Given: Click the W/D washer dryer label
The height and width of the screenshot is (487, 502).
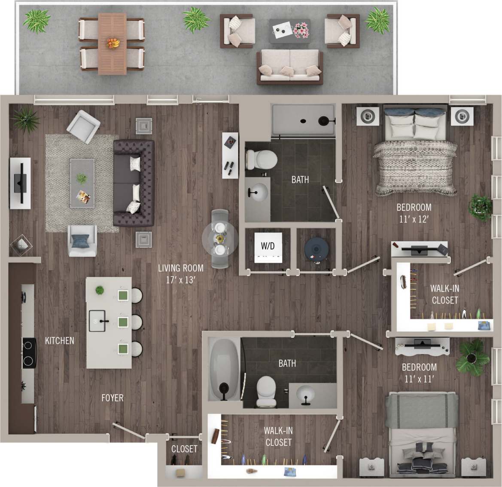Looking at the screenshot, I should [x=268, y=246].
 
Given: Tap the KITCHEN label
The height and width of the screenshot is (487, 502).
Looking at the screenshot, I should [x=60, y=341].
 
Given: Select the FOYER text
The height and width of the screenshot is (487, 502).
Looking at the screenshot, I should [x=113, y=398].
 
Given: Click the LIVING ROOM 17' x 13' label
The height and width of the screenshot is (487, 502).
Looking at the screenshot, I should [x=180, y=274].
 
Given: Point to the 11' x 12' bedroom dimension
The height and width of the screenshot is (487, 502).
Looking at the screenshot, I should [x=414, y=219].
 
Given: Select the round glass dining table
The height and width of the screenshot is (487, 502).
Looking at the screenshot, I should [x=220, y=239].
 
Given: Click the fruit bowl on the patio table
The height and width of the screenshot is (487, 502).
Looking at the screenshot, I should [x=113, y=43].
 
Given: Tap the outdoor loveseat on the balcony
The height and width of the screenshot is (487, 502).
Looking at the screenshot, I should [x=290, y=67].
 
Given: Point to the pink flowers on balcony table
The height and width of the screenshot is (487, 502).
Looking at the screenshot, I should [x=301, y=30].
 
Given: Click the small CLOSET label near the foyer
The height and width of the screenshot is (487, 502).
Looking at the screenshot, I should [x=184, y=449].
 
